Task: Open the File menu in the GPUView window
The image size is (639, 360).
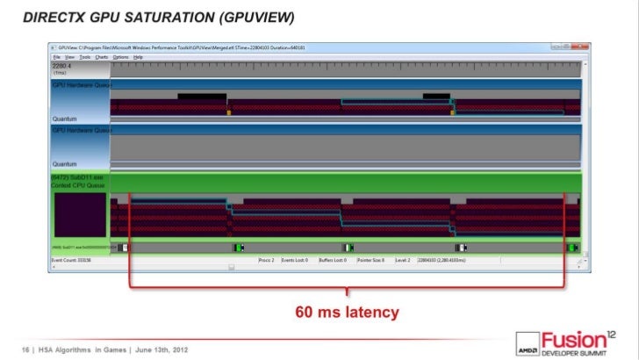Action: tap(56, 56)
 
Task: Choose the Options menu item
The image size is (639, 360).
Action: tap(121, 56)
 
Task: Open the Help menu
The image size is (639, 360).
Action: tap(138, 56)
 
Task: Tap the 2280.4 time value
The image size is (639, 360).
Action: tap(62, 65)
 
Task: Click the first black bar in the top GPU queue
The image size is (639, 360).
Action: tap(202, 97)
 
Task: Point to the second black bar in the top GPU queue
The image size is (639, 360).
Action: tap(436, 97)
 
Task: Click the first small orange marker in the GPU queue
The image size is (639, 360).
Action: tap(230, 112)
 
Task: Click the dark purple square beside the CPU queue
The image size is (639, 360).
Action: tap(79, 215)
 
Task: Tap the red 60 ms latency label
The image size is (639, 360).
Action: tap(347, 312)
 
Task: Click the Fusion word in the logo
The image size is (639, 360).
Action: tap(571, 339)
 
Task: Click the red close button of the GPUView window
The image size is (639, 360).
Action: tap(578, 47)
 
